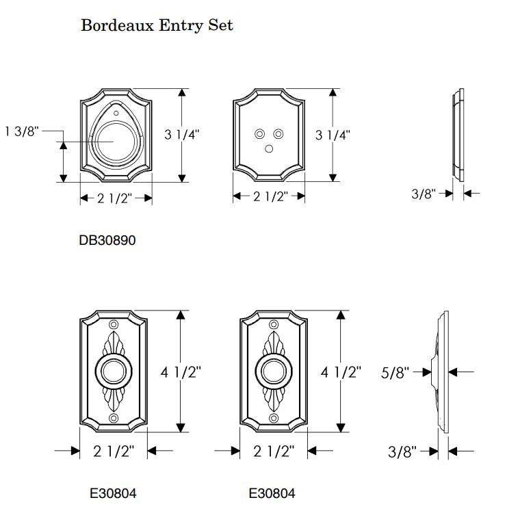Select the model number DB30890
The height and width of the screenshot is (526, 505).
pyautogui.click(x=107, y=240)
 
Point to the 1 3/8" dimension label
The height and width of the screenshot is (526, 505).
pyautogui.click(x=23, y=131)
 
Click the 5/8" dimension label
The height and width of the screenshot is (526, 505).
pyautogui.click(x=395, y=373)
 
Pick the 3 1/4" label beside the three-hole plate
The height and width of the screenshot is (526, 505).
pyautogui.click(x=333, y=135)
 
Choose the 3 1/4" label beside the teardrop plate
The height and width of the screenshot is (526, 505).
pyautogui.click(x=183, y=135)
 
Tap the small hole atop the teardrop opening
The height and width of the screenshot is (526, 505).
pyautogui.click(x=116, y=112)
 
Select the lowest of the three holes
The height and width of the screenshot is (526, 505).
pyautogui.click(x=269, y=148)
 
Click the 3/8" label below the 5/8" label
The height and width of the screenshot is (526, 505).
pyautogui.click(x=402, y=452)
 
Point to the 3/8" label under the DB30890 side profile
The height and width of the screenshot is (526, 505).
pyautogui.click(x=424, y=194)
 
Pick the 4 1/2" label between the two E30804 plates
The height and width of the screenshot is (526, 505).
pyautogui.click(x=181, y=373)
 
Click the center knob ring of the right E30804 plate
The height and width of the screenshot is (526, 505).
pyautogui.click(x=274, y=372)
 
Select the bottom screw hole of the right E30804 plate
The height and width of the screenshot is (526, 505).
pyautogui.click(x=274, y=418)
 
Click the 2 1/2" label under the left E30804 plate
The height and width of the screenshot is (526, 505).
pyautogui.click(x=113, y=451)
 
